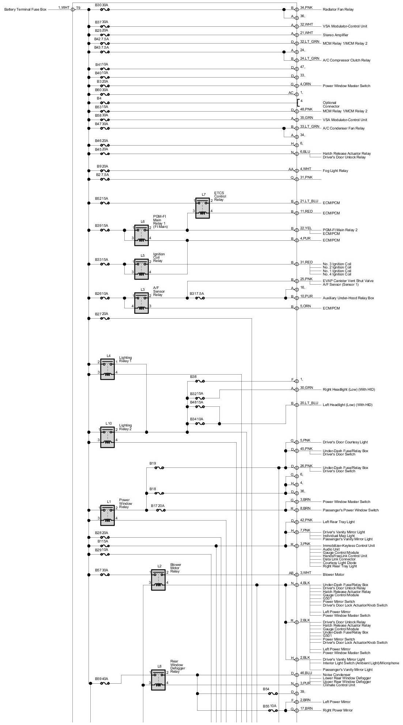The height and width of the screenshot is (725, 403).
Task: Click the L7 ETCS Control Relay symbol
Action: [x=202, y=208]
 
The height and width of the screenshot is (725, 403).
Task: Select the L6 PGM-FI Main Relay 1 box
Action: [x=141, y=235]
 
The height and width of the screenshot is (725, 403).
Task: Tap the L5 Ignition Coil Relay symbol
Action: [x=141, y=269]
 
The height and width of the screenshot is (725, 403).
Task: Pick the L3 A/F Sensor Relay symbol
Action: [x=141, y=303]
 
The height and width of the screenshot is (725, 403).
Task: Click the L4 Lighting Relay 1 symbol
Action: [x=108, y=369]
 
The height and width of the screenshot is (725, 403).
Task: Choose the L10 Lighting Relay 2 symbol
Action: [x=108, y=437]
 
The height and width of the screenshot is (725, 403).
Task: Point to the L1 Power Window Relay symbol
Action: [x=108, y=514]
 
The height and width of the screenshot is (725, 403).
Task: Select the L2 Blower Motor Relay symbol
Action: [x=158, y=579]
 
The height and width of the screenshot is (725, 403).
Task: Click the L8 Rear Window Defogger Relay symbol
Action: [x=158, y=680]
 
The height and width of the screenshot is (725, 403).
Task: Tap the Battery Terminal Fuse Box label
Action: [x=25, y=9]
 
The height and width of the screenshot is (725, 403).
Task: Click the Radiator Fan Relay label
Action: [x=338, y=9]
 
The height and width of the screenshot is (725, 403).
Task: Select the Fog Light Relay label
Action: [x=335, y=171]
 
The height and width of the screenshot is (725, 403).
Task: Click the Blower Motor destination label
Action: [x=333, y=575]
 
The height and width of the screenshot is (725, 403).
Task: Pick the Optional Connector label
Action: [x=331, y=105]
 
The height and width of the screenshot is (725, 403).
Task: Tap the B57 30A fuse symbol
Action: [x=105, y=575]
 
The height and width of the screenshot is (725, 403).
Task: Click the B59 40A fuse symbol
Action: [x=105, y=683]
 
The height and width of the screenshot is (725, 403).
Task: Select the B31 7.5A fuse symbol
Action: [x=200, y=298]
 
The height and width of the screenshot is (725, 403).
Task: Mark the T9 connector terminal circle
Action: [x=72, y=9]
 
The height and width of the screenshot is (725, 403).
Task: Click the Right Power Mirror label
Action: [x=338, y=710]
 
